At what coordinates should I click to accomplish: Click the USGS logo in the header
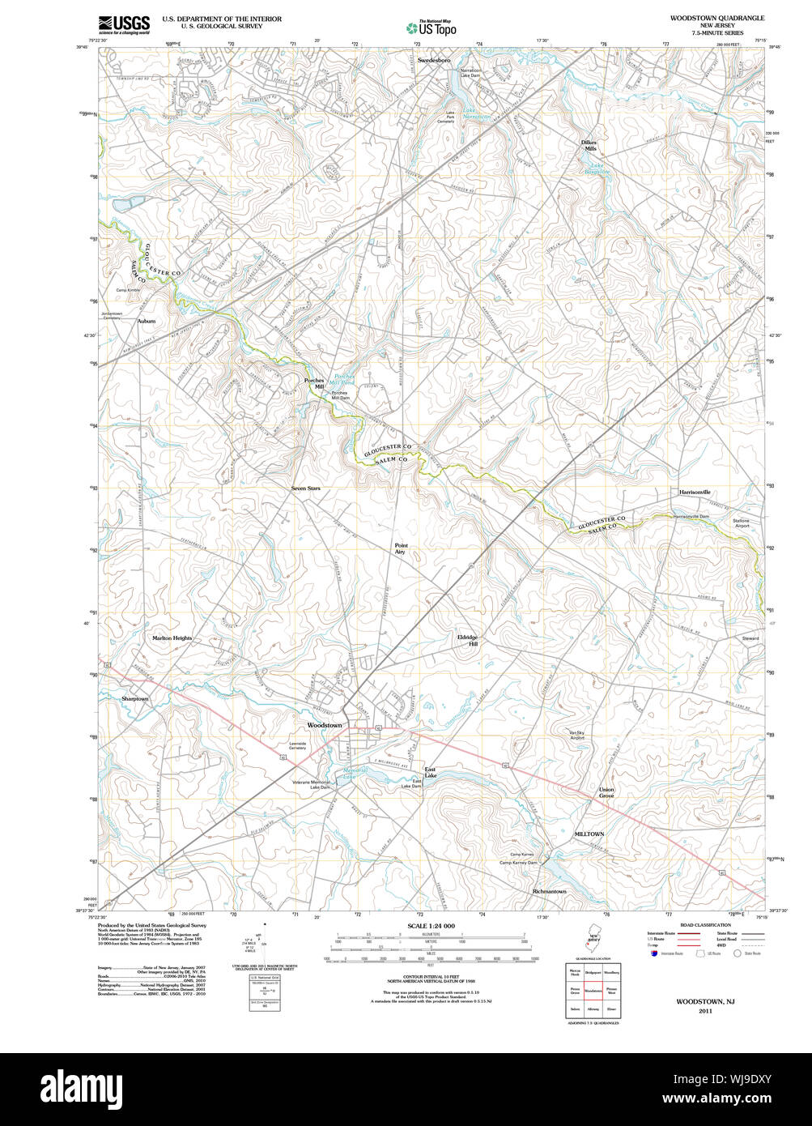[x=124, y=24]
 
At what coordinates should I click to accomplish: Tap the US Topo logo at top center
[x=431, y=27]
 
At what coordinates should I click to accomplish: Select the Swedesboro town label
[x=434, y=61]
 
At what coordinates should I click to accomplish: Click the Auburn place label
[x=146, y=322]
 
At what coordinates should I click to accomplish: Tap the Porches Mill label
[x=314, y=383]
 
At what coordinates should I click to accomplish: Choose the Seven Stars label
[x=306, y=488]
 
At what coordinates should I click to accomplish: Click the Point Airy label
[x=401, y=548]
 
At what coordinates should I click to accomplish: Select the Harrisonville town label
[x=695, y=493]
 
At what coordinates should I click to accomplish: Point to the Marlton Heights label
[x=172, y=638]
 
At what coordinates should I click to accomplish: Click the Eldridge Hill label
[x=468, y=640]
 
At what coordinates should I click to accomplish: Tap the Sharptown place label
[x=135, y=698]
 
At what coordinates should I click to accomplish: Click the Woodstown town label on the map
[x=324, y=725]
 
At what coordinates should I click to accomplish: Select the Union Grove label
[x=606, y=792]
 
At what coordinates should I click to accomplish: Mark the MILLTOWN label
[x=589, y=834]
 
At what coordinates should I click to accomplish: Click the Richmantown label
[x=550, y=891]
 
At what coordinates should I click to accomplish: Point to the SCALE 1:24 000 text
[x=431, y=926]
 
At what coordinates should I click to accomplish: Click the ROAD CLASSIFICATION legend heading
[x=705, y=924]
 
